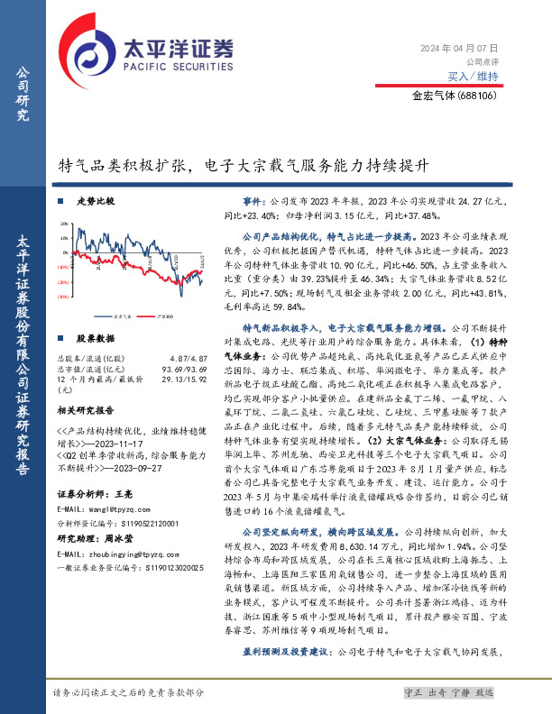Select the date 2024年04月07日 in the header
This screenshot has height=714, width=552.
point(460,47)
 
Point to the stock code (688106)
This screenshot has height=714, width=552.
point(478,94)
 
